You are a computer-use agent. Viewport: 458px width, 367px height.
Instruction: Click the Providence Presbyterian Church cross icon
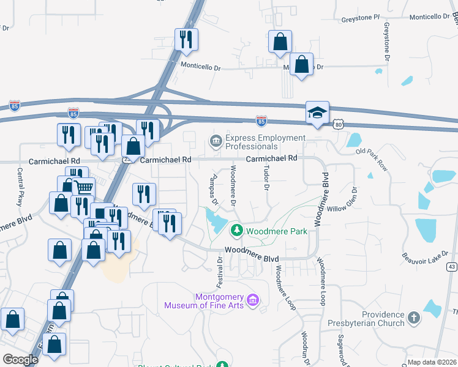pos(414,317)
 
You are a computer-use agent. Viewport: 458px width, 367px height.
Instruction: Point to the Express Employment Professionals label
pos(252,142)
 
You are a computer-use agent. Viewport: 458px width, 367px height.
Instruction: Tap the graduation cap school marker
pos(317,113)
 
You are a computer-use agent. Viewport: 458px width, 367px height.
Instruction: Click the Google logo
pos(20,359)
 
